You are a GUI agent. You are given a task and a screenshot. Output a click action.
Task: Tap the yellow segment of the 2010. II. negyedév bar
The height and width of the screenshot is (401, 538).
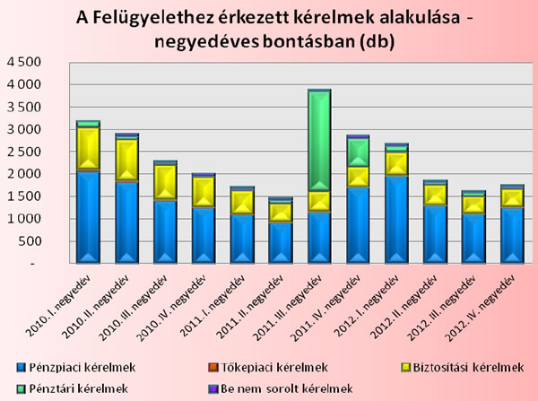pos(126,160)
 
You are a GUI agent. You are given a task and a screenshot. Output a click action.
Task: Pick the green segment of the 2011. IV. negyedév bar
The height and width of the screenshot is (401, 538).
pos(358,152)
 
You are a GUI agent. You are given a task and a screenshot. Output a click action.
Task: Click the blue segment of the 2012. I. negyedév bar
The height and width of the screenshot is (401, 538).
pos(396,219)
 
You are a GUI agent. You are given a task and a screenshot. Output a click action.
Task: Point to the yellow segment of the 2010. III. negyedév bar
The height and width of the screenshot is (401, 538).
pos(165,182)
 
